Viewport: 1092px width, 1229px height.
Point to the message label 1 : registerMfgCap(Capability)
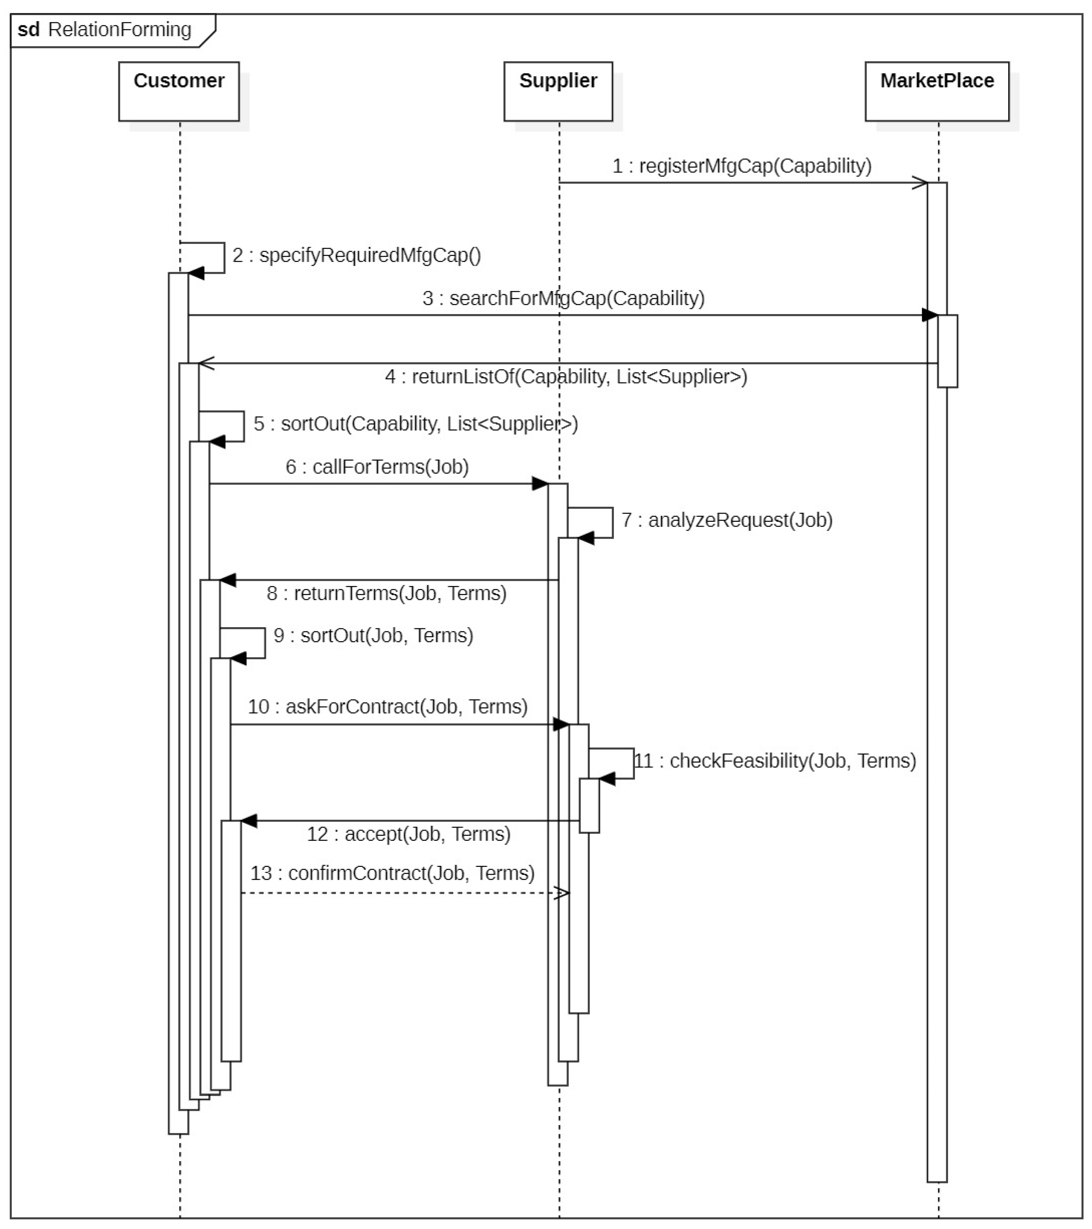click(741, 166)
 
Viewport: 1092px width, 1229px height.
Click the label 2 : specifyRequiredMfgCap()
click(356, 256)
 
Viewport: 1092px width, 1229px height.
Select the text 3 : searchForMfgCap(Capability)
click(563, 298)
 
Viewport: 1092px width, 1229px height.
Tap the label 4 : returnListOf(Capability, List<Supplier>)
click(565, 377)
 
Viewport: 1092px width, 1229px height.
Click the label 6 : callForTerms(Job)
click(377, 467)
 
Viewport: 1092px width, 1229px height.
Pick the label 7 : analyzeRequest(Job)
click(726, 520)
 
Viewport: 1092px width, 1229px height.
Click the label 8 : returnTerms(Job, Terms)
click(386, 594)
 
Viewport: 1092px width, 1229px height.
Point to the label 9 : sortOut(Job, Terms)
click(373, 635)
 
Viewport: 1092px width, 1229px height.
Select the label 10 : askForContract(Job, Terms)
click(388, 706)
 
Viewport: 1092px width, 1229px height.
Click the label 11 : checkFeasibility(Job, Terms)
click(775, 760)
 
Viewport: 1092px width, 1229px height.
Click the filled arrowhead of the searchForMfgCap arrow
click(930, 315)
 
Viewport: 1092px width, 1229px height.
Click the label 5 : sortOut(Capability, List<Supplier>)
click(415, 424)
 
